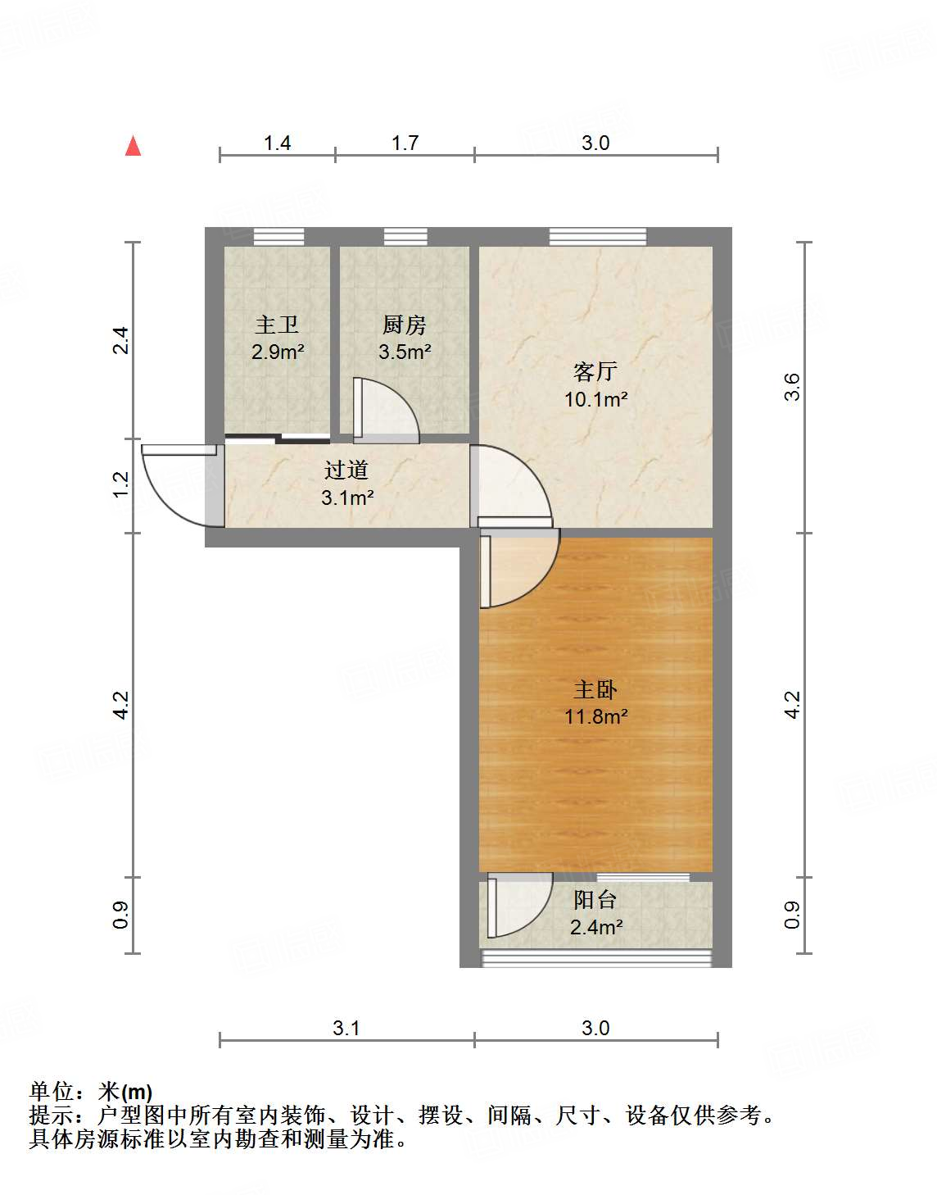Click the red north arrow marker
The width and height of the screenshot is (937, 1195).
click(133, 146)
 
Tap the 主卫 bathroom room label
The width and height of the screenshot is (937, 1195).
click(277, 325)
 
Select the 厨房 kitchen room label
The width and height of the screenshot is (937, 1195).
click(405, 325)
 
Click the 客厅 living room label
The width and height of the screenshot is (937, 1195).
click(595, 372)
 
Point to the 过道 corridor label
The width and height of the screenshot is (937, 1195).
click(346, 470)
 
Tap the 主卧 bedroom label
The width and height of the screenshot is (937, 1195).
click(595, 689)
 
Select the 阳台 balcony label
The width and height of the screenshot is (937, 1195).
click(595, 900)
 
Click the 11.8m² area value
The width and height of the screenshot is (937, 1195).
click(595, 717)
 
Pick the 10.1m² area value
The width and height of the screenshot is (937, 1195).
click(595, 400)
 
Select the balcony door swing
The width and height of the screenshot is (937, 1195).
click(518, 905)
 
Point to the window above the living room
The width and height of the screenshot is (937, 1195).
click(597, 237)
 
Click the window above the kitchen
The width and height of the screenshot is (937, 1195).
click(405, 237)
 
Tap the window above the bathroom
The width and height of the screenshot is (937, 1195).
click(278, 237)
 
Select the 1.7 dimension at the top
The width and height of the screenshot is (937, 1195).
click(405, 143)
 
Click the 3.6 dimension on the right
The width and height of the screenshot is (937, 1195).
click(792, 387)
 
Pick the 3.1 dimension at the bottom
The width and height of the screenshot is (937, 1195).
click(346, 1028)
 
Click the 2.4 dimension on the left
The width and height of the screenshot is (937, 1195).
click(121, 340)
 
